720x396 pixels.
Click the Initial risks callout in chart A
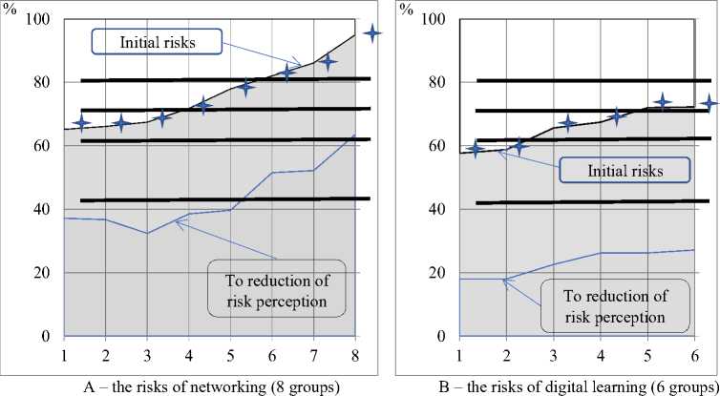click(x=157, y=42)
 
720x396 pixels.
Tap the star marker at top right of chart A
click(x=373, y=32)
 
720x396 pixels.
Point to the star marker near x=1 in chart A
click(x=81, y=123)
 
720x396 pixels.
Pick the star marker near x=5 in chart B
click(x=662, y=102)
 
